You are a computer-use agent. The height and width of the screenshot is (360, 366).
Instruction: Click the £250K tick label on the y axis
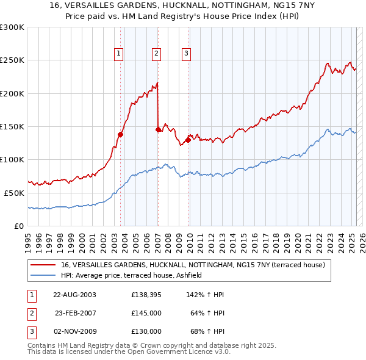(x=12, y=60)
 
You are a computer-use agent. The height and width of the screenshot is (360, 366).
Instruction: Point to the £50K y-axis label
(x=15, y=193)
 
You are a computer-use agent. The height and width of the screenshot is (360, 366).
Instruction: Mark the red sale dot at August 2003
(x=121, y=135)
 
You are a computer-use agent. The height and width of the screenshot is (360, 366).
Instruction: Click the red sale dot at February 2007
(x=159, y=129)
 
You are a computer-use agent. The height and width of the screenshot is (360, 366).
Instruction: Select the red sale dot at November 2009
(x=188, y=140)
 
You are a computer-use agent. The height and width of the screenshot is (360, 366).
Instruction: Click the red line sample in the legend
(x=43, y=265)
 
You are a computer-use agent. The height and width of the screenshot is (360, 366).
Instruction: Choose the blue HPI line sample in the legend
(x=43, y=276)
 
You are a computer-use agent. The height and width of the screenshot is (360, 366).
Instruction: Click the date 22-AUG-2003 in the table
(x=75, y=295)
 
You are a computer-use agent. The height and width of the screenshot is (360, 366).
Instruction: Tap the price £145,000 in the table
(x=146, y=313)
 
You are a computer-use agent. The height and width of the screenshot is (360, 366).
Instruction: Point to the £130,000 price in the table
(x=146, y=331)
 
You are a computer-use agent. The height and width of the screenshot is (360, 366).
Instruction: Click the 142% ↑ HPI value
(x=206, y=295)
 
